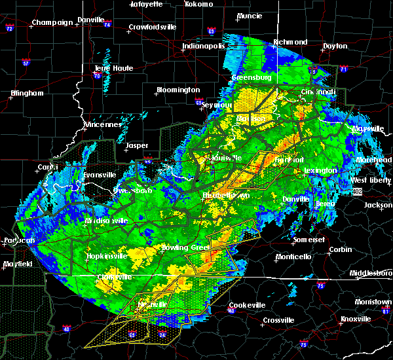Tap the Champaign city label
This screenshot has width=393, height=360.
pos(52,22)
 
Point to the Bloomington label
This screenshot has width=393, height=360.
pos(178,90)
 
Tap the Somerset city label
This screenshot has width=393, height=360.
pos(309,240)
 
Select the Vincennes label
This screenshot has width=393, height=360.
pos(103,124)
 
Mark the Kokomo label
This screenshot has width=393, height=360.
pos(197,4)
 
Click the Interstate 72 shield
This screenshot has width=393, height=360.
pos(9,29)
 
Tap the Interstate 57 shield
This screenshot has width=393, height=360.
pos(26,63)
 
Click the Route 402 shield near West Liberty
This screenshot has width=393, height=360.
pos(357,191)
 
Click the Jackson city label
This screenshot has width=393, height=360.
pos(378,205)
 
